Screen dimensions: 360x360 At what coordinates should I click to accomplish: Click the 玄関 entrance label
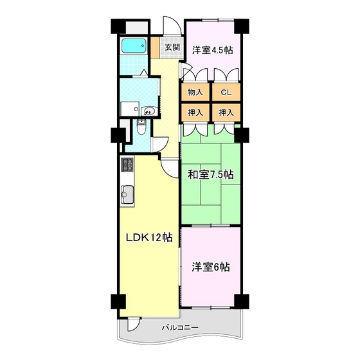[x=170, y=48]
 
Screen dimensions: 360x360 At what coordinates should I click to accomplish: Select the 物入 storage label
[x=195, y=93]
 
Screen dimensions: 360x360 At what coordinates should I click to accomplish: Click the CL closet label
[x=226, y=93]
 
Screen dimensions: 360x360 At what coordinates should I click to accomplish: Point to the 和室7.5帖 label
[x=211, y=174]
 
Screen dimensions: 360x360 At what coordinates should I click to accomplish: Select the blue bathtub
[x=134, y=47]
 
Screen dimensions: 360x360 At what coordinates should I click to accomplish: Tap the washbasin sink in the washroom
[x=149, y=111]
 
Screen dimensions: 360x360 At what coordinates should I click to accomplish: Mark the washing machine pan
[x=129, y=109]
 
